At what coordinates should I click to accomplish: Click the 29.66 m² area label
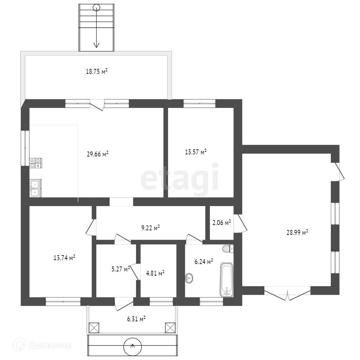(x=98, y=154)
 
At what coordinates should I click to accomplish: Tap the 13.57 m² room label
(x=195, y=152)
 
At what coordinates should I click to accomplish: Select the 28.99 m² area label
(x=297, y=232)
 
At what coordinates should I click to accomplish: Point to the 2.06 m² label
(x=221, y=223)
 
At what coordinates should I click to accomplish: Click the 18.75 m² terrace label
(x=97, y=71)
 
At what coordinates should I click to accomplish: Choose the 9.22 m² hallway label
(x=150, y=228)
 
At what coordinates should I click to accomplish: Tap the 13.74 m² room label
(x=64, y=258)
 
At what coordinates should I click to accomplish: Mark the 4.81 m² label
(x=155, y=273)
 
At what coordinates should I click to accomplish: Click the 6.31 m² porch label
(x=136, y=319)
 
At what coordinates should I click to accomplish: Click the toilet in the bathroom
(x=228, y=249)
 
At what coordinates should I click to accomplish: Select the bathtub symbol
(x=227, y=280)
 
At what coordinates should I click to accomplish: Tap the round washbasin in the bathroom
(x=189, y=278)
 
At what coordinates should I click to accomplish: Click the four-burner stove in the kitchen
(x=36, y=163)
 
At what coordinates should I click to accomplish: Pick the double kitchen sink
(x=36, y=188)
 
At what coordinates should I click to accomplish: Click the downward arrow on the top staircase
(x=96, y=27)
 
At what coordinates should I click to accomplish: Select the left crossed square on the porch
(x=94, y=328)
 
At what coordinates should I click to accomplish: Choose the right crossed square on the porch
(x=170, y=328)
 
